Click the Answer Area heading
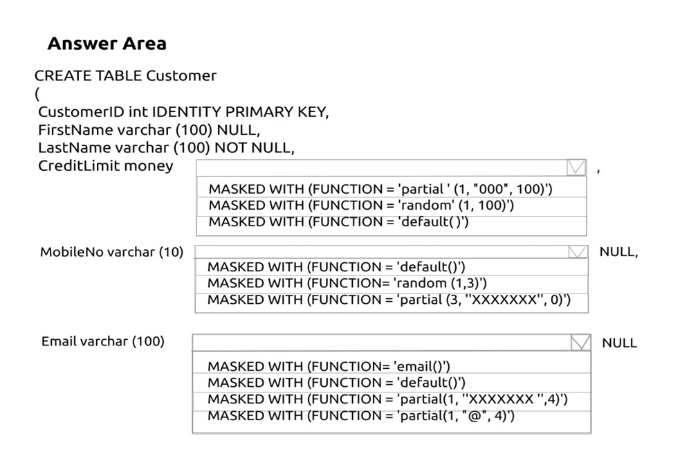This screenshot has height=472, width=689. (107, 44)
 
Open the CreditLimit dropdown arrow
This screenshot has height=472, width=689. (576, 167)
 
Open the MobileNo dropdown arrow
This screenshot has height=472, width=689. (578, 252)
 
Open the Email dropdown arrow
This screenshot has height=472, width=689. (580, 343)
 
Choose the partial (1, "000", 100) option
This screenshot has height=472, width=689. (380, 189)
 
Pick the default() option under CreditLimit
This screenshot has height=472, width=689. (339, 222)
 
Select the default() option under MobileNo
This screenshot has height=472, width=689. (336, 266)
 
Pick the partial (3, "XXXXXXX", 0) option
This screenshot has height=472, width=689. (389, 300)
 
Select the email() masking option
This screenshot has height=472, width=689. (329, 366)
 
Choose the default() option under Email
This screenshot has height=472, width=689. (336, 382)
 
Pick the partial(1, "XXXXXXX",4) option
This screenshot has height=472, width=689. (387, 399)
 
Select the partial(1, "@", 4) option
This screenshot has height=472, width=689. (361, 416)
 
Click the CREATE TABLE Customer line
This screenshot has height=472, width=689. (125, 75)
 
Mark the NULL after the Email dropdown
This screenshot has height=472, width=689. (619, 343)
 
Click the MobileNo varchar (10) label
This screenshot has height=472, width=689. (111, 252)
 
